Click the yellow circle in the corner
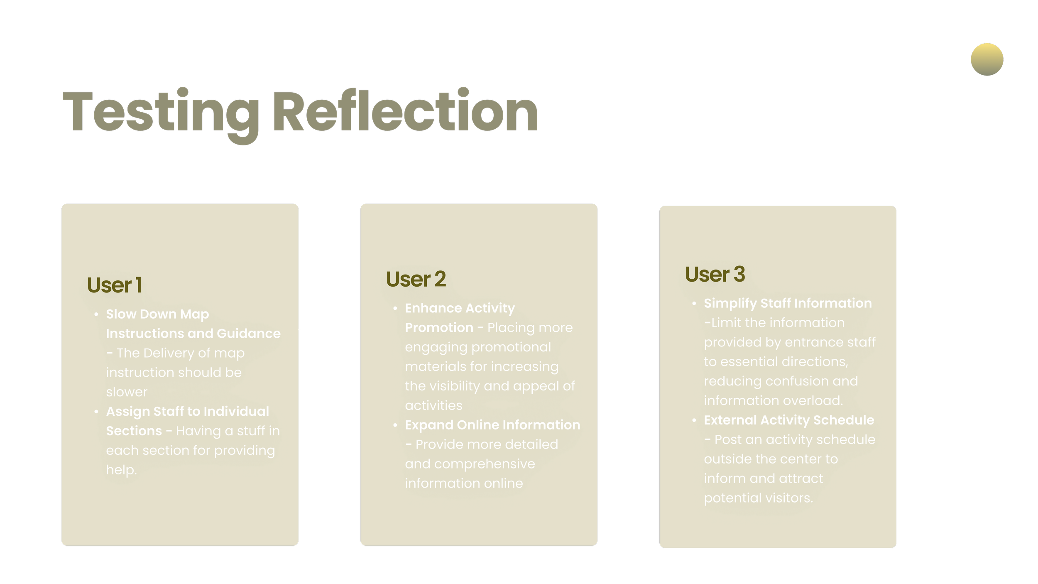pyautogui.click(x=987, y=59)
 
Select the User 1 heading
pyautogui.click(x=115, y=285)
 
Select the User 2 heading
pyautogui.click(x=416, y=279)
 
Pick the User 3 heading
pyautogui.click(x=715, y=274)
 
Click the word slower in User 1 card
pyautogui.click(x=127, y=392)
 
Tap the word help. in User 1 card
pyautogui.click(x=121, y=470)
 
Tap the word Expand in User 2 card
pyautogui.click(x=429, y=425)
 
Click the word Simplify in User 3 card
pyautogui.click(x=730, y=303)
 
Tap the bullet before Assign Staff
pyautogui.click(x=96, y=412)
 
